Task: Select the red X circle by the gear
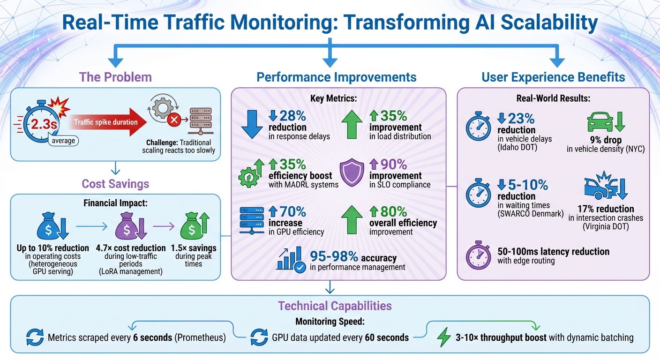174,120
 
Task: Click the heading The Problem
115,77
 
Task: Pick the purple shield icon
351,172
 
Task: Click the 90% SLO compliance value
390,165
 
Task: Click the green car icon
600,123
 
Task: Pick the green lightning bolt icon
443,337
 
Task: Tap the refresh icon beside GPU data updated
259,337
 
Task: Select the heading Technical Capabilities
335,306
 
